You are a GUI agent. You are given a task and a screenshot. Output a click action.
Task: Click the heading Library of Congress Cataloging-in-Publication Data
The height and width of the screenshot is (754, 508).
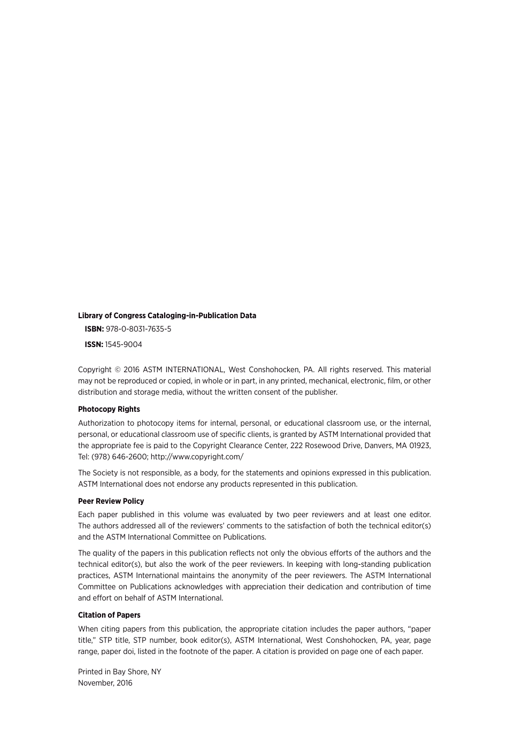point(167,316)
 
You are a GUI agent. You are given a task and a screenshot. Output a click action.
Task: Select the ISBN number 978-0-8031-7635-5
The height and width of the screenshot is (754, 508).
point(138,329)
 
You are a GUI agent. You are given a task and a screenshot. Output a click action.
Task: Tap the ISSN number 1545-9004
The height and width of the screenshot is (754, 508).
point(124,344)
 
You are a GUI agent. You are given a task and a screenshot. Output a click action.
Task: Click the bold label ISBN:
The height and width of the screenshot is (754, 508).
point(94,329)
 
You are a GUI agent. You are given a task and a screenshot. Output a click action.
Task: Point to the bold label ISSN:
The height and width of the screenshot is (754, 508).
point(94,344)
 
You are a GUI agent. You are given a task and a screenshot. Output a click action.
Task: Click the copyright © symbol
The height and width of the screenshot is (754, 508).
point(118,370)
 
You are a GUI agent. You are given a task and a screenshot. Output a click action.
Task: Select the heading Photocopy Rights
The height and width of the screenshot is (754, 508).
point(109,409)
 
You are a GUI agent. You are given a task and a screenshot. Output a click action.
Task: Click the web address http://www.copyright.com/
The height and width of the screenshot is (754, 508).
point(197,457)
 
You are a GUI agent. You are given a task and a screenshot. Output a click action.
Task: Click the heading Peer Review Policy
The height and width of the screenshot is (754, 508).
point(111,501)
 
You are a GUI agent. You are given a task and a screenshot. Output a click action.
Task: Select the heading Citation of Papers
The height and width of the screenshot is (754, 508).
point(109,615)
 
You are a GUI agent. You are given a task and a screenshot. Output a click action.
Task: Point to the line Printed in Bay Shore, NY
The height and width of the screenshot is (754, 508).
point(119,672)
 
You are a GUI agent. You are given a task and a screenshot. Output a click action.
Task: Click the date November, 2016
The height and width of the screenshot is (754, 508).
point(105,683)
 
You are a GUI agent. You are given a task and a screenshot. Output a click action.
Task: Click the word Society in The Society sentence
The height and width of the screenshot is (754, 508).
point(105,473)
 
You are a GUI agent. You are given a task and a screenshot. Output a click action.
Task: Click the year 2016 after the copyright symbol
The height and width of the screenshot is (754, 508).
point(131,370)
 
